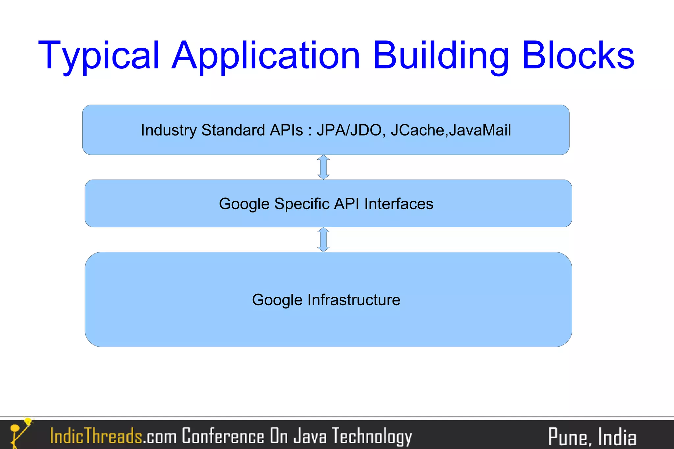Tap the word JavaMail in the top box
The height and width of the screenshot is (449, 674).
(480, 130)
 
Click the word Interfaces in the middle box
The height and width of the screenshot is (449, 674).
(399, 204)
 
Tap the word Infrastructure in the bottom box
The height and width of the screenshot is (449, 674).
(354, 300)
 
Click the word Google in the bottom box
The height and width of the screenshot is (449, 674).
(277, 300)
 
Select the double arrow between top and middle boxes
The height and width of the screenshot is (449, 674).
(324, 167)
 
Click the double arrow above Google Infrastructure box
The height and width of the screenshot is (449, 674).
(324, 240)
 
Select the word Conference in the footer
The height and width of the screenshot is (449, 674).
(223, 436)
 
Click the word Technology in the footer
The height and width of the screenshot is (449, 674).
(372, 436)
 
